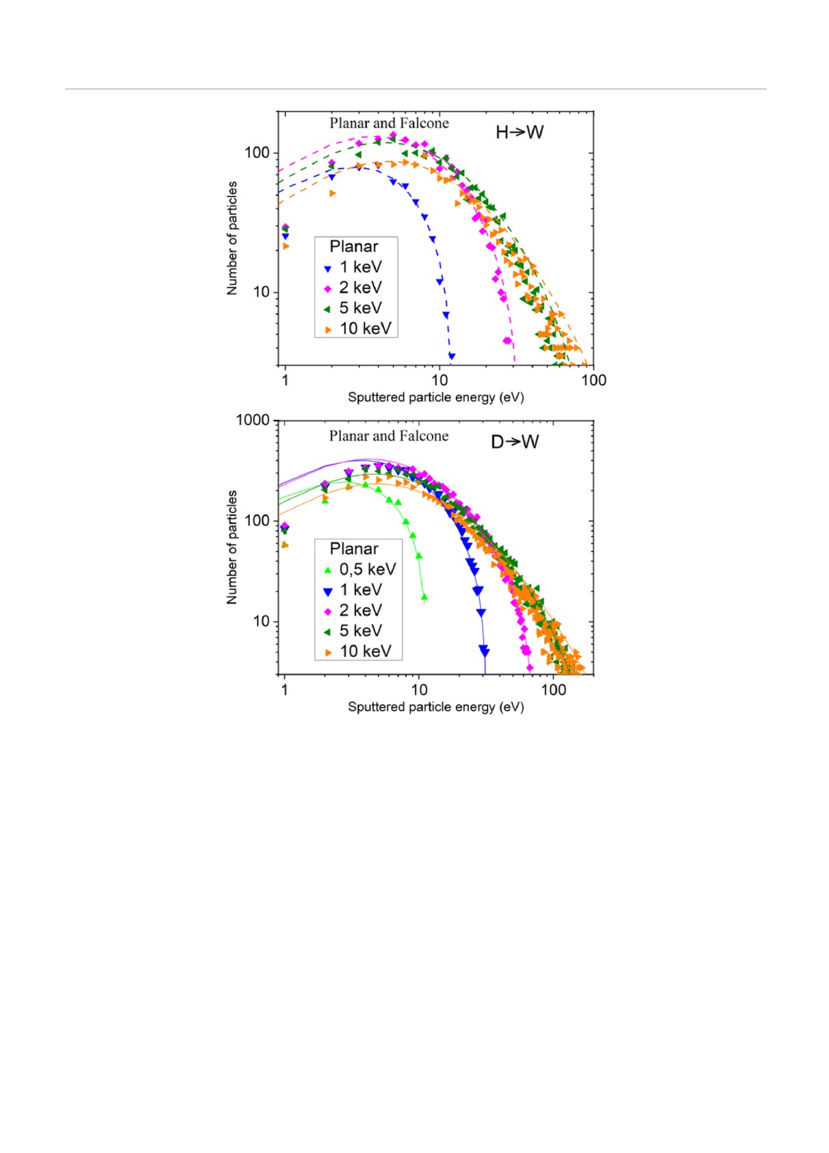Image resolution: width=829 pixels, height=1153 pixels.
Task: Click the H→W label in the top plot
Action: coord(519,132)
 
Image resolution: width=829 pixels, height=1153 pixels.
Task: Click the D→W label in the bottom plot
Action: coord(515,442)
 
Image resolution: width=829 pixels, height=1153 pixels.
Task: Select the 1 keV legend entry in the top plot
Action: coord(353,267)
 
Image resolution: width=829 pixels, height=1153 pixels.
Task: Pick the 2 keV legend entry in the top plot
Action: coord(353,288)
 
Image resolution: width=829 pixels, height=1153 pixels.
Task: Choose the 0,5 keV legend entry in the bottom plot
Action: coord(360,569)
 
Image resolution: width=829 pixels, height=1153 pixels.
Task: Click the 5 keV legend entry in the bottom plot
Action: coord(353,631)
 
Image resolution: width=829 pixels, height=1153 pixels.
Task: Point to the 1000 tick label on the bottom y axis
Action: coord(253,420)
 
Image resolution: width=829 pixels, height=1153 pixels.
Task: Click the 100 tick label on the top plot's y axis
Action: coord(257,153)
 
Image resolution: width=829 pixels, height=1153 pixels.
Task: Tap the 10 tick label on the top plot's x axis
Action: coord(439,380)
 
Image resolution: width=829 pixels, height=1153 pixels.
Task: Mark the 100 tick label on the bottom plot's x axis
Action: coord(553,690)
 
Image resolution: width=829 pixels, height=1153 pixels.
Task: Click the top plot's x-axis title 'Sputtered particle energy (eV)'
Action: coord(435,397)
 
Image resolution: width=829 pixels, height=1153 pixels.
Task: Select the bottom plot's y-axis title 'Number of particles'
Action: coord(232,547)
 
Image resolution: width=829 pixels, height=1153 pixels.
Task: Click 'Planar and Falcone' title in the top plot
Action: coord(389,123)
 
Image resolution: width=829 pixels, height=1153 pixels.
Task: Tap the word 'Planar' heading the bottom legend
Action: coord(353,549)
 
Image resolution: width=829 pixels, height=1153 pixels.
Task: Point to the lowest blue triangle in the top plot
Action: coord(451,356)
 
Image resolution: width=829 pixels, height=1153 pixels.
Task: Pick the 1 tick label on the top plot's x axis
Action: coord(285,380)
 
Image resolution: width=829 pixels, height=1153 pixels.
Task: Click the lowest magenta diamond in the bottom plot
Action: coord(529,668)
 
